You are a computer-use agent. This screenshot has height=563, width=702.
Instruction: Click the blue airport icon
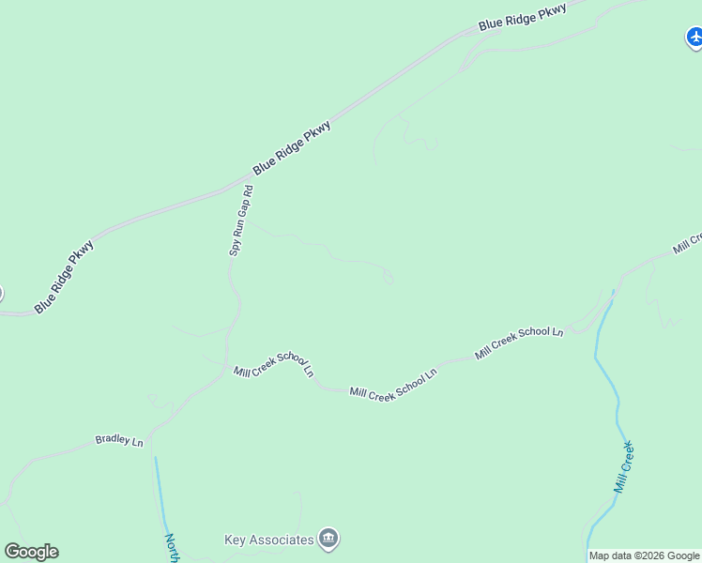(694, 38)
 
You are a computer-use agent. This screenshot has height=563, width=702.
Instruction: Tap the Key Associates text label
(268, 540)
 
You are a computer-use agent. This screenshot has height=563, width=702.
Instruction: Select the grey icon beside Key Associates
(328, 539)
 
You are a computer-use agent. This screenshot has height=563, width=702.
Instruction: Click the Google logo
(31, 552)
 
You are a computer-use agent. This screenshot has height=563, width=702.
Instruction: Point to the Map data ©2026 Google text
(644, 555)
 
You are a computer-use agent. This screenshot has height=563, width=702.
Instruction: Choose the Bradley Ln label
(119, 440)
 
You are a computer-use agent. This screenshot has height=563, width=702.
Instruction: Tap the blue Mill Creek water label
(625, 466)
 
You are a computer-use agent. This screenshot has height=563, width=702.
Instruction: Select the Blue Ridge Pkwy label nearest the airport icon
(523, 16)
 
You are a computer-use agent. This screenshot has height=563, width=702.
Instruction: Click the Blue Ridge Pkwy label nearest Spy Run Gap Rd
(292, 148)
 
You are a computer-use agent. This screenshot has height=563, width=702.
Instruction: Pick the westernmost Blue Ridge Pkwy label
(65, 278)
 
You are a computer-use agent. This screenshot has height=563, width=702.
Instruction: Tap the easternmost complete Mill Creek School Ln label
(519, 342)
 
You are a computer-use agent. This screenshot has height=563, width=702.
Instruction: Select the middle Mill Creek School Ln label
(393, 383)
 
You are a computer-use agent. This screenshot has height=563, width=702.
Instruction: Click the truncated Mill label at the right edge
(688, 243)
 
